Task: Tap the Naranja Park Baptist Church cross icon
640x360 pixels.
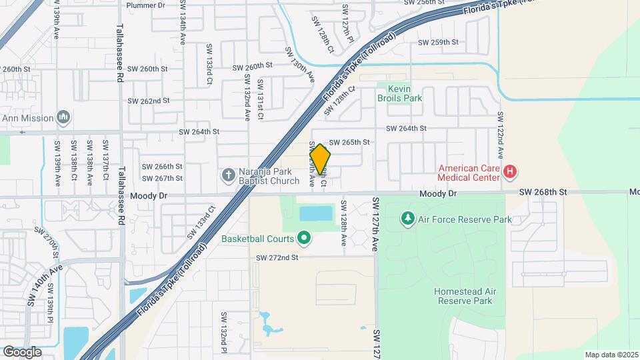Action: click(227, 175)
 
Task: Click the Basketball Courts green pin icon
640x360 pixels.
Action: click(305, 237)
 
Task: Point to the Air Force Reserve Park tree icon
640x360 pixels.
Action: click(407, 219)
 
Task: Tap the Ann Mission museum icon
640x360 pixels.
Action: click(63, 118)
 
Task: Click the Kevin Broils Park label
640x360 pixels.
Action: click(399, 93)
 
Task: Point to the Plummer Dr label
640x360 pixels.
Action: click(145, 5)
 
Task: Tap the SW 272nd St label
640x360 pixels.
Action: click(277, 257)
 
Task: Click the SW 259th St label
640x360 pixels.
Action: click(438, 42)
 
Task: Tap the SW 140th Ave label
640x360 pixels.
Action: click(46, 284)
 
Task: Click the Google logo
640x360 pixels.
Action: click(22, 352)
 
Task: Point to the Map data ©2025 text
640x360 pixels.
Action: click(611, 355)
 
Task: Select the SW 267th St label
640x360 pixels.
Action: click(162, 178)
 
